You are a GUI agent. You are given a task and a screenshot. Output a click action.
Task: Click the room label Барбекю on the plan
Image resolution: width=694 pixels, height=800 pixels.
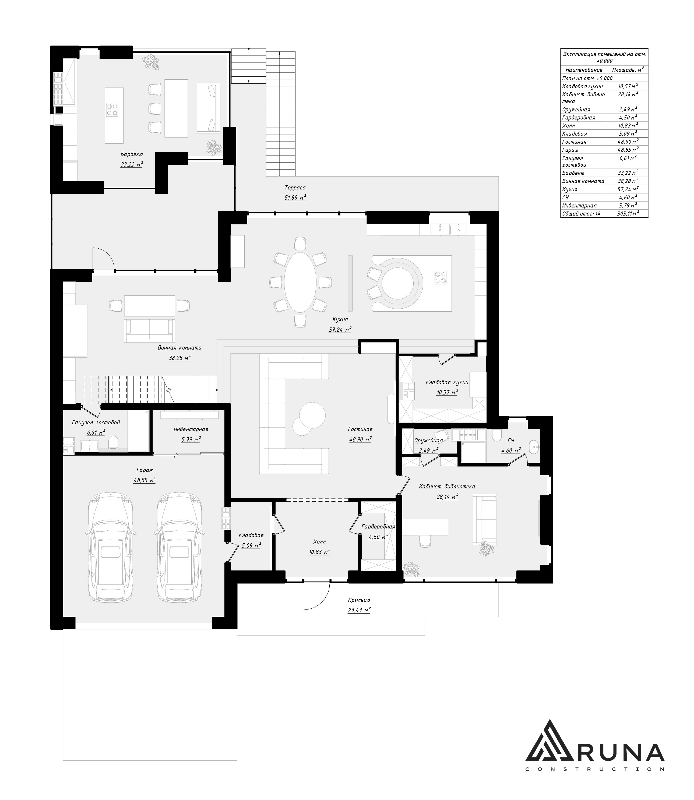(132, 154)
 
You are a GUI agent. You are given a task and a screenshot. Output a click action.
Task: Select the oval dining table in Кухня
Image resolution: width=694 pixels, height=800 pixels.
(301, 282)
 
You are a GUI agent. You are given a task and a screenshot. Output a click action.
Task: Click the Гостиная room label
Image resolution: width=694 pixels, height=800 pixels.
(360, 429)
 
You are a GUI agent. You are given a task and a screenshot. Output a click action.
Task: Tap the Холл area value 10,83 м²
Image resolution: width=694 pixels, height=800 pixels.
(319, 552)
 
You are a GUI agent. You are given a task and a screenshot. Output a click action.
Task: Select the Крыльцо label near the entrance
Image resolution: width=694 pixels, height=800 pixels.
(359, 600)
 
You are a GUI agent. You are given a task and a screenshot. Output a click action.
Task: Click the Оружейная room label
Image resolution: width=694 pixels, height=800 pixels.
(428, 441)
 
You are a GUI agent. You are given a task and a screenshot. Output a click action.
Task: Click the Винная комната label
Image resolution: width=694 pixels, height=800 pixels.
(180, 348)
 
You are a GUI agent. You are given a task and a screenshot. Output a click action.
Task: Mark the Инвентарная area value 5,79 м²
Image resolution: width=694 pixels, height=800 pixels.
(191, 439)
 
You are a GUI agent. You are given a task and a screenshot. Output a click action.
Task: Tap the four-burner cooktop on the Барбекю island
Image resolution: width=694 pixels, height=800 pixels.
(112, 109)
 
